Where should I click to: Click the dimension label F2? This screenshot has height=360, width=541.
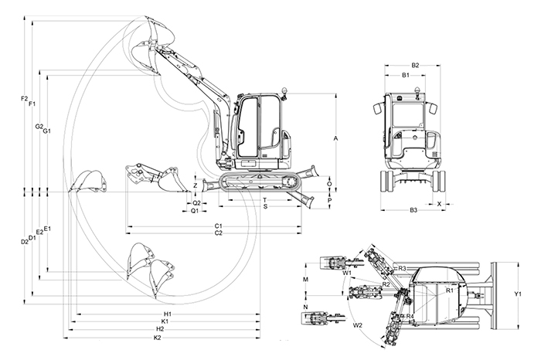pos(24,99)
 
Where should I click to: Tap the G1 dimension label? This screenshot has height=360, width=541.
pos(47,131)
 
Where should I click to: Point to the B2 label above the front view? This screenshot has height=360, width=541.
pos(415,66)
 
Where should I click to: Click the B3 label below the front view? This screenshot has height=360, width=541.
pos(413,210)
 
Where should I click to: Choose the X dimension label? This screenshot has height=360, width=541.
pos(440,204)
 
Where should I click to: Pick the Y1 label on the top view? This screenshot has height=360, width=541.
pos(518,294)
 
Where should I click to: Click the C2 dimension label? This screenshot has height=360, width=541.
pos(219,233)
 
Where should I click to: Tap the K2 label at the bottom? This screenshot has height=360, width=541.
pos(158,338)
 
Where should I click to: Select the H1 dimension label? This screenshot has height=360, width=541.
pos(167,314)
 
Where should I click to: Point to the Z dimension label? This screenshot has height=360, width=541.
pos(196,186)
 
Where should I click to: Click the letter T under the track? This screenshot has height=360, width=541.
pos(264,200)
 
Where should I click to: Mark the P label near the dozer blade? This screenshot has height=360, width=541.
pos(330,199)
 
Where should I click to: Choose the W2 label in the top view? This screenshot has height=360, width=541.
pos(358,325)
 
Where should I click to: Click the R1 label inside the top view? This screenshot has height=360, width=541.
pos(449,290)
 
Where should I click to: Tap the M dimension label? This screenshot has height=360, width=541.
pos(306,278)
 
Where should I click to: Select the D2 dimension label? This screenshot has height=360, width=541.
pos(24,242)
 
